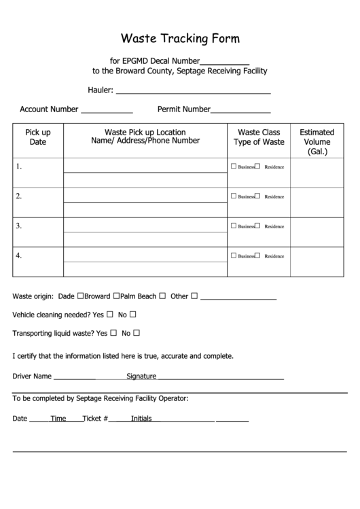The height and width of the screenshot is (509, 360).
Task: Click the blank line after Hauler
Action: pos(194,91)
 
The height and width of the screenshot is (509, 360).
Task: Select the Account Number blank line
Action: pos(107,111)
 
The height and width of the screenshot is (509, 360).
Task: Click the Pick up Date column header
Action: pos(38,137)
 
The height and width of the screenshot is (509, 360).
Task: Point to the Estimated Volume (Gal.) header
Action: pos(317,142)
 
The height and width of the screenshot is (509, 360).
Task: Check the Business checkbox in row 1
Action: pos(234,166)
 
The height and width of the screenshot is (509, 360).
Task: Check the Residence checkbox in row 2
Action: pos(258,196)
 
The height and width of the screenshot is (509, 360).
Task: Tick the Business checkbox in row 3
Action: pos(234,226)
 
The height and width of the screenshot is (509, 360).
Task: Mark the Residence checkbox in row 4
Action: pos(258,256)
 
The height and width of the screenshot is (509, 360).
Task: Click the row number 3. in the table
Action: pos(20,226)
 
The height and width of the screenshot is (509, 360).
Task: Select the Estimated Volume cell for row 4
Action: pos(317,262)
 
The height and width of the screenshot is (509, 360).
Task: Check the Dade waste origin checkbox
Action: pos(81,296)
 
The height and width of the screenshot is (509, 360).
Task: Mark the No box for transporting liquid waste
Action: pos(136,333)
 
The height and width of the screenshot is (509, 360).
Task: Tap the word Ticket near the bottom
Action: pos(92,419)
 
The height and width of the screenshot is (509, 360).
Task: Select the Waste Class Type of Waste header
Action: pos(259,137)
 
